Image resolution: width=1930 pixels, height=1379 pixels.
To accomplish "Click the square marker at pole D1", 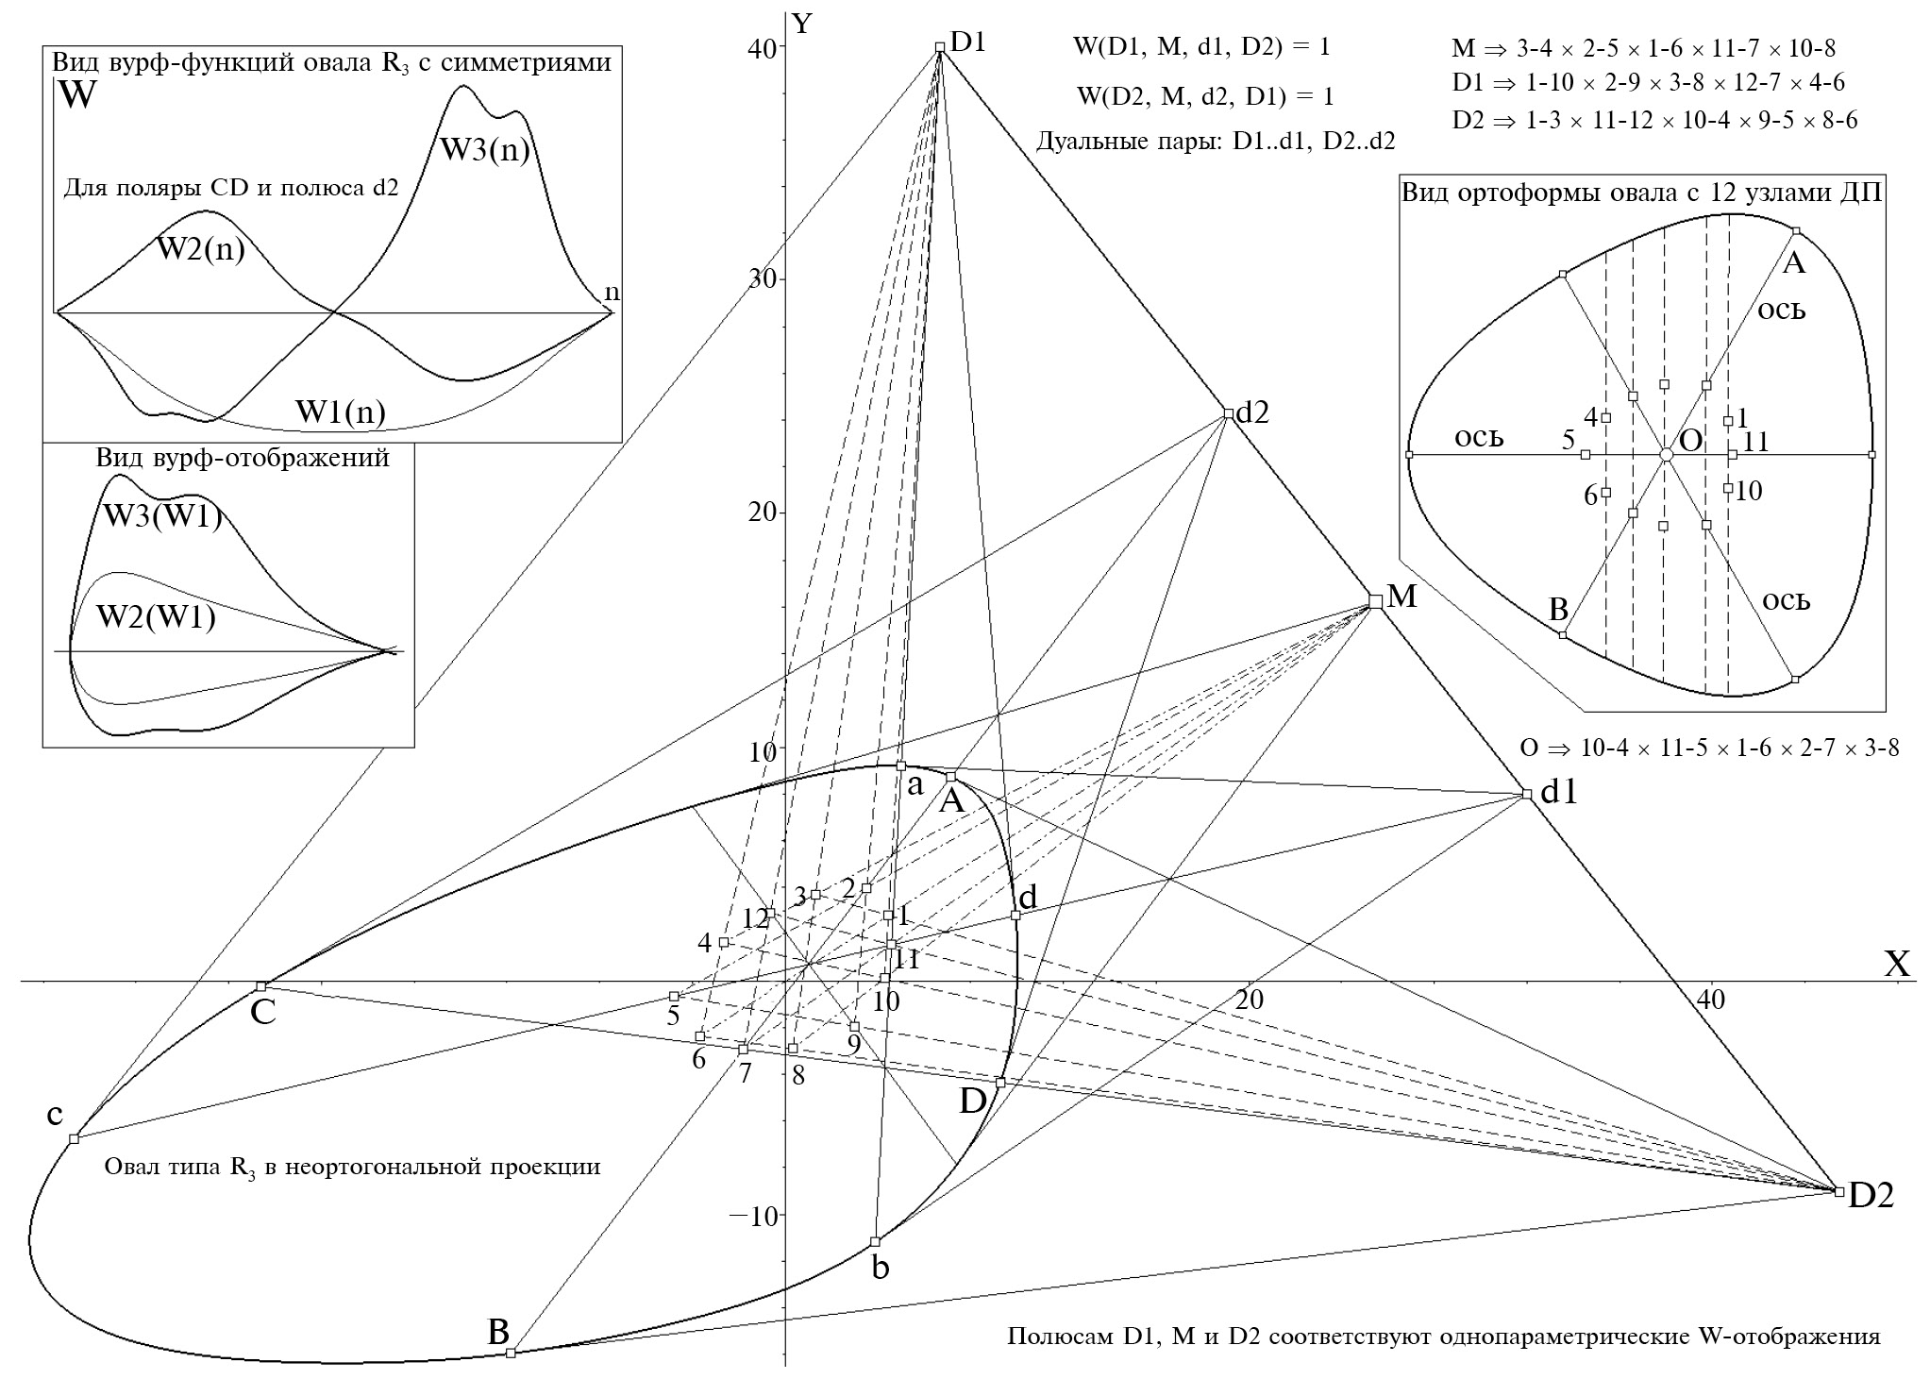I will coord(939,47).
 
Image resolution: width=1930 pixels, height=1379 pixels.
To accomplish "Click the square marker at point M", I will coord(1375,601).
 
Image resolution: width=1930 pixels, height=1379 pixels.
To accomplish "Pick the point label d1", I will coord(1558,794).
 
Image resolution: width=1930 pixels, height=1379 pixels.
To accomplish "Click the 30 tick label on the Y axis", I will coord(760,280).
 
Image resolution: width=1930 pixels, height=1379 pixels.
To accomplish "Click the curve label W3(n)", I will coord(484,150).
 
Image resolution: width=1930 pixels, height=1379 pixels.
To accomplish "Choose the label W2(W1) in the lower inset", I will coord(156,617).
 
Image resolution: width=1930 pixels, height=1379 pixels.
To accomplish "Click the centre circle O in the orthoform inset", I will coord(1666,455).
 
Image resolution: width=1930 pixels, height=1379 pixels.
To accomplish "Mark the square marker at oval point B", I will coord(511,1353).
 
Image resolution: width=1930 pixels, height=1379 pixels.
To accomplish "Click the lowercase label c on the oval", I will coord(55,1115).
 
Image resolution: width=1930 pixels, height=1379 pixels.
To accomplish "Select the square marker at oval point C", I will coord(261,986).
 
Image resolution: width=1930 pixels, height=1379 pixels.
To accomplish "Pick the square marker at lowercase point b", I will coord(875,1241).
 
